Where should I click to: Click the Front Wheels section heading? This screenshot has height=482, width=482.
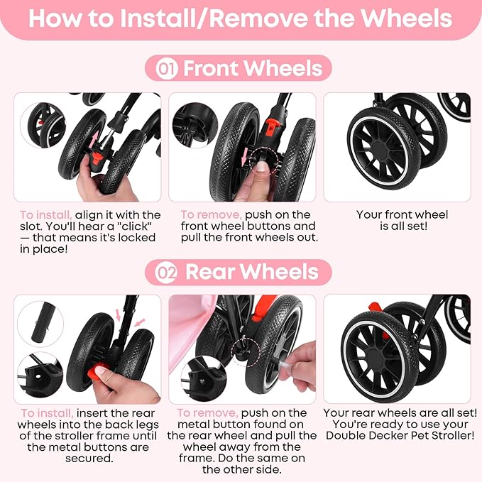point(252,69)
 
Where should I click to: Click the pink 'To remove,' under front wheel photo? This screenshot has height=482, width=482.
point(211,214)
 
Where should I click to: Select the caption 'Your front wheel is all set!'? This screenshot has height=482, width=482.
point(402,220)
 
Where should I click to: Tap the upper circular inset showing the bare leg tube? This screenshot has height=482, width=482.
point(40,322)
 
